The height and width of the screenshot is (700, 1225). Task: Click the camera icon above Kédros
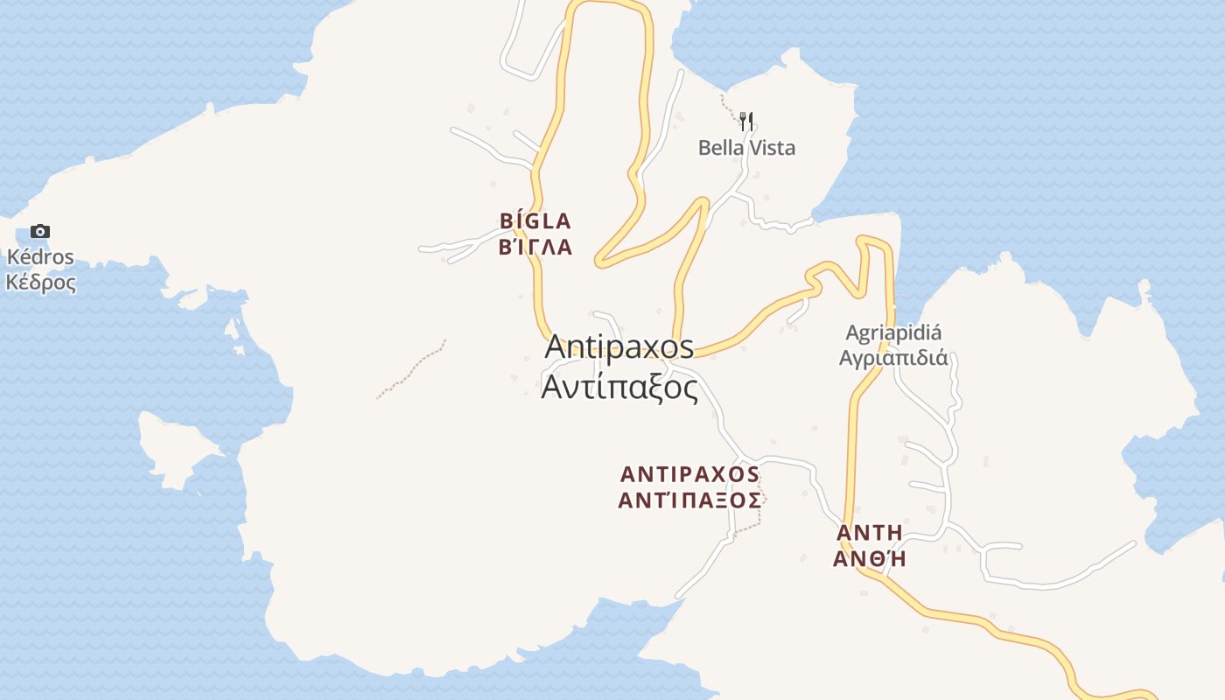point(39,232)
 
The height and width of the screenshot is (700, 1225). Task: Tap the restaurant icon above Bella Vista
point(746,121)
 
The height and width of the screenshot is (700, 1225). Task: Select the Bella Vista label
point(746,148)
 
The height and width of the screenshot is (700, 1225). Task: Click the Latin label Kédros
point(40,258)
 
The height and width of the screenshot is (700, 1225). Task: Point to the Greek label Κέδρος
point(40,283)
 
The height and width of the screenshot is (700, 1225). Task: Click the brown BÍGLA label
point(535,220)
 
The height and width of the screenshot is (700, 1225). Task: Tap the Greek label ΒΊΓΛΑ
point(535,248)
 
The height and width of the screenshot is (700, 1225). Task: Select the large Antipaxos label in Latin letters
point(619,346)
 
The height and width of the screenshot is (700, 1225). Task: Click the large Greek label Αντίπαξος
point(619,386)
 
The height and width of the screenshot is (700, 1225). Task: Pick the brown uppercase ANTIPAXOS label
point(689,474)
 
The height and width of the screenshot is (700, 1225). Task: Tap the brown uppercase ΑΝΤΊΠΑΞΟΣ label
point(689,500)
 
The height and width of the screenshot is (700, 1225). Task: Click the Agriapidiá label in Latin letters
point(893,333)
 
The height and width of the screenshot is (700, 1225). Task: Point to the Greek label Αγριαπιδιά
point(893,357)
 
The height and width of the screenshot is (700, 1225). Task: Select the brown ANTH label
point(869,533)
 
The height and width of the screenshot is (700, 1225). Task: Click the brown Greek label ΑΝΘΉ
point(869,559)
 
